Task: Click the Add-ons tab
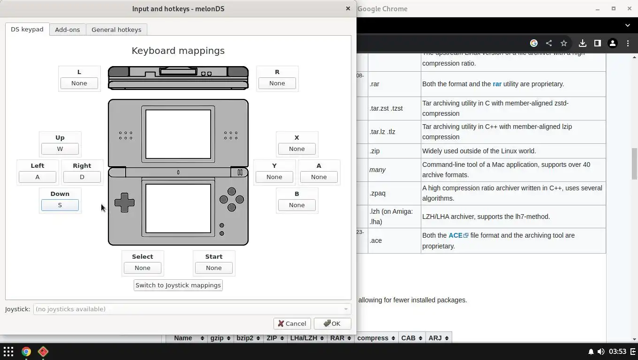coord(67,30)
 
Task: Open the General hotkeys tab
coord(116,30)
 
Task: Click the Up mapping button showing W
coord(60,149)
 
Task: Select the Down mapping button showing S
coord(60,205)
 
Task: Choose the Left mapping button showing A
coord(38,177)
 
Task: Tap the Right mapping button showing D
coord(82,177)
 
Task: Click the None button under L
coord(79,83)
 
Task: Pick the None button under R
coord(277,83)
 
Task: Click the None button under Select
coord(143,268)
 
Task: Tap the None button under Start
coord(214,268)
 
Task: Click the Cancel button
coord(292,323)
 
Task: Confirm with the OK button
coord(332,323)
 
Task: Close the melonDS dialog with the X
coord(348,8)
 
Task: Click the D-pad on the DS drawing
coord(124,202)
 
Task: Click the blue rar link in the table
coord(497,84)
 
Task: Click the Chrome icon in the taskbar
coord(26,352)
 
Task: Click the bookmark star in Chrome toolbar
coord(564,43)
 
